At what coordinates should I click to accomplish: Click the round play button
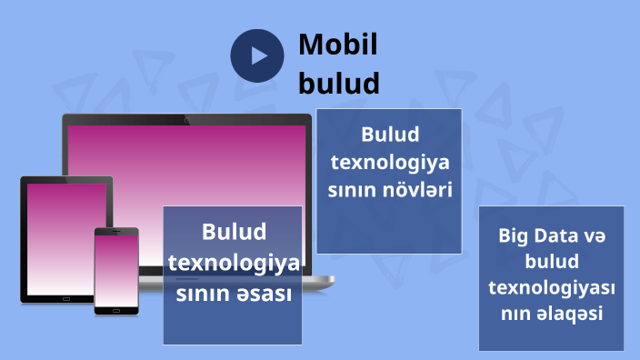pos(258,55)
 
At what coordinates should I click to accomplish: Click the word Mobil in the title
pos(338,45)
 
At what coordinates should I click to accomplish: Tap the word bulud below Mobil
pos(338,84)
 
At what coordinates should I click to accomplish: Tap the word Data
pos(556,235)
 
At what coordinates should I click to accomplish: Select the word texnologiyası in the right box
pos(552,287)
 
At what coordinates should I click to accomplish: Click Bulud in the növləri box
pos(389,135)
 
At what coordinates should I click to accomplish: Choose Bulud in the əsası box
pos(234,232)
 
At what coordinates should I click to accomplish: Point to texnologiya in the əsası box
pos(234,264)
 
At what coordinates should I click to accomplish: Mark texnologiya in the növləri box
pos(389,164)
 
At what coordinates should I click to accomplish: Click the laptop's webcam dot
pos(186,119)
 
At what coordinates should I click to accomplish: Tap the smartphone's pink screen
pos(116,270)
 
